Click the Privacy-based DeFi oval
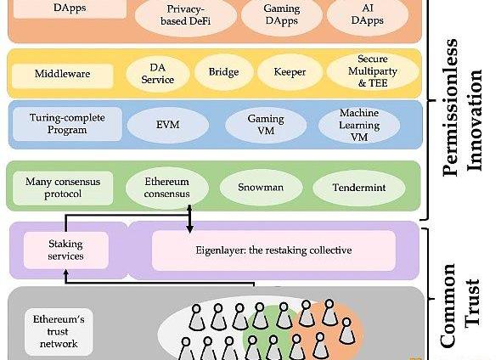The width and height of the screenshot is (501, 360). tap(186, 15)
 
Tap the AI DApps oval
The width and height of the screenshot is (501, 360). tap(368, 14)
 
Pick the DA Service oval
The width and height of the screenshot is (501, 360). tap(158, 74)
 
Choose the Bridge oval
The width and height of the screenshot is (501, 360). tap(223, 72)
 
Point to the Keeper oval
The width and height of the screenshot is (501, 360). tap(290, 72)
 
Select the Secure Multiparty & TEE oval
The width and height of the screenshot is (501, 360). tap(373, 71)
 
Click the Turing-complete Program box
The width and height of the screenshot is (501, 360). tap(67, 124)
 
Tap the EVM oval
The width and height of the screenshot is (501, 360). tap(168, 125)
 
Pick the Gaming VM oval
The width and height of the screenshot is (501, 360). tap(266, 125)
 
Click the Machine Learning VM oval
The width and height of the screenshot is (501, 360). tap(359, 125)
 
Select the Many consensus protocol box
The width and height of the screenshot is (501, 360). tap(63, 188)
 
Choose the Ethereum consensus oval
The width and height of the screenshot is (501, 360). tap(166, 188)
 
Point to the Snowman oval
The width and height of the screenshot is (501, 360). tap(261, 188)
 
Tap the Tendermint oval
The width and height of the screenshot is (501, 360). tap(359, 188)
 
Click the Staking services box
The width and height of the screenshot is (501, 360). tap(66, 250)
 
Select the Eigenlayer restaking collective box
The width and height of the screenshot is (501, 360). tap(273, 250)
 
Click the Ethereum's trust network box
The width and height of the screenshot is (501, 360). tap(59, 332)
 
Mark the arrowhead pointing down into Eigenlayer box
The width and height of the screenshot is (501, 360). tap(190, 229)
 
